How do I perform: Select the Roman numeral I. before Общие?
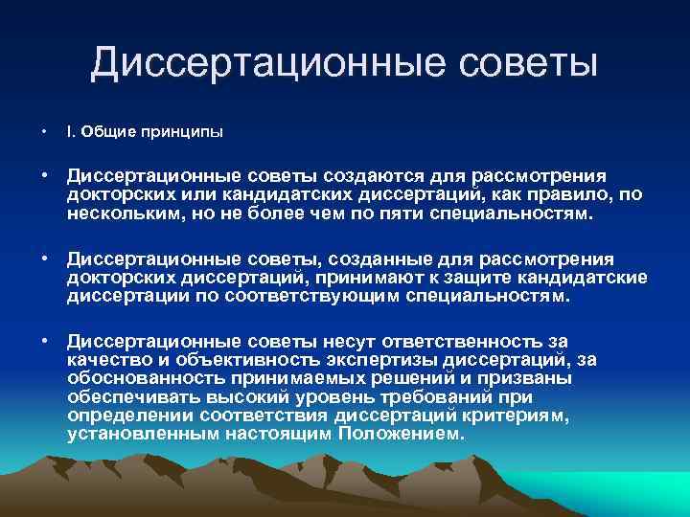[71, 131]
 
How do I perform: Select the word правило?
[576, 195]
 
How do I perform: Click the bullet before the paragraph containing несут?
[44, 341]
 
